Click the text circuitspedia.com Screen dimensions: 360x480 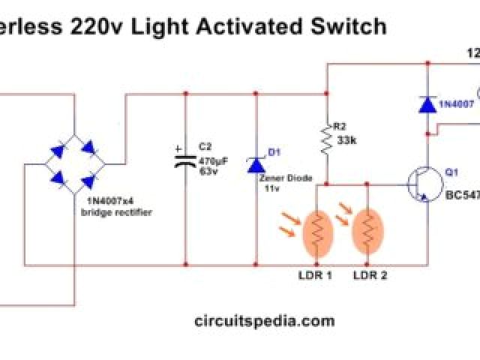(264, 321)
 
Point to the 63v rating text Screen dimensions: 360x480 (208, 171)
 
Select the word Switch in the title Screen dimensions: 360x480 (352, 27)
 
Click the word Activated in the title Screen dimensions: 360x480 (263, 27)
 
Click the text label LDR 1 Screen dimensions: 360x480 (315, 275)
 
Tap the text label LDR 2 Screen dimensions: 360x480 (370, 275)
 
